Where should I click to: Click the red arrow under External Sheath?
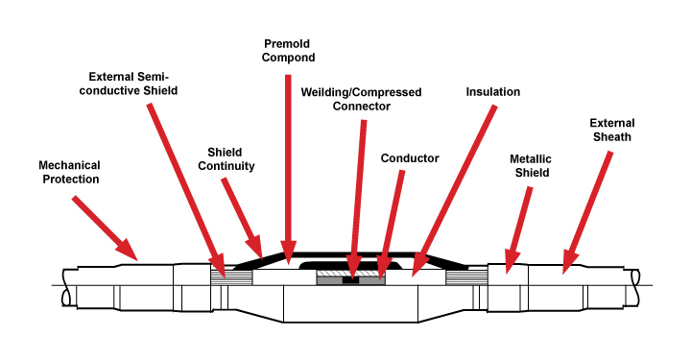(x=588, y=210)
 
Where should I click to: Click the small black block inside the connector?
(x=352, y=280)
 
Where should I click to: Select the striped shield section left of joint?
(x=231, y=277)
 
